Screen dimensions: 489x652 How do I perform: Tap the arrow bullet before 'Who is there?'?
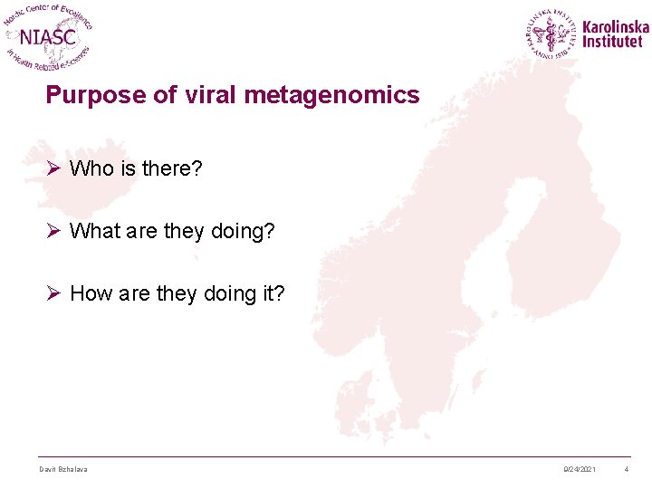coord(53,168)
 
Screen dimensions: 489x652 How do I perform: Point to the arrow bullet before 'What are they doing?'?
coord(53,231)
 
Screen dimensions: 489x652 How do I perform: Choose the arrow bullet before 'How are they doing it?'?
coord(53,292)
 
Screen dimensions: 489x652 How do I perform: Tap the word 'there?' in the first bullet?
coord(173,168)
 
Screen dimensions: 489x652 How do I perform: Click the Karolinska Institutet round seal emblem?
coord(551,34)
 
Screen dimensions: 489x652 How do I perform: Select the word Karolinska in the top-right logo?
coord(616,26)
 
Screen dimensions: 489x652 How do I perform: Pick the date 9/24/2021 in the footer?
coord(579,468)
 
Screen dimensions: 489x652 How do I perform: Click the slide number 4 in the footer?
coord(626,468)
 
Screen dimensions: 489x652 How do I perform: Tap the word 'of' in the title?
coord(165,94)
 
